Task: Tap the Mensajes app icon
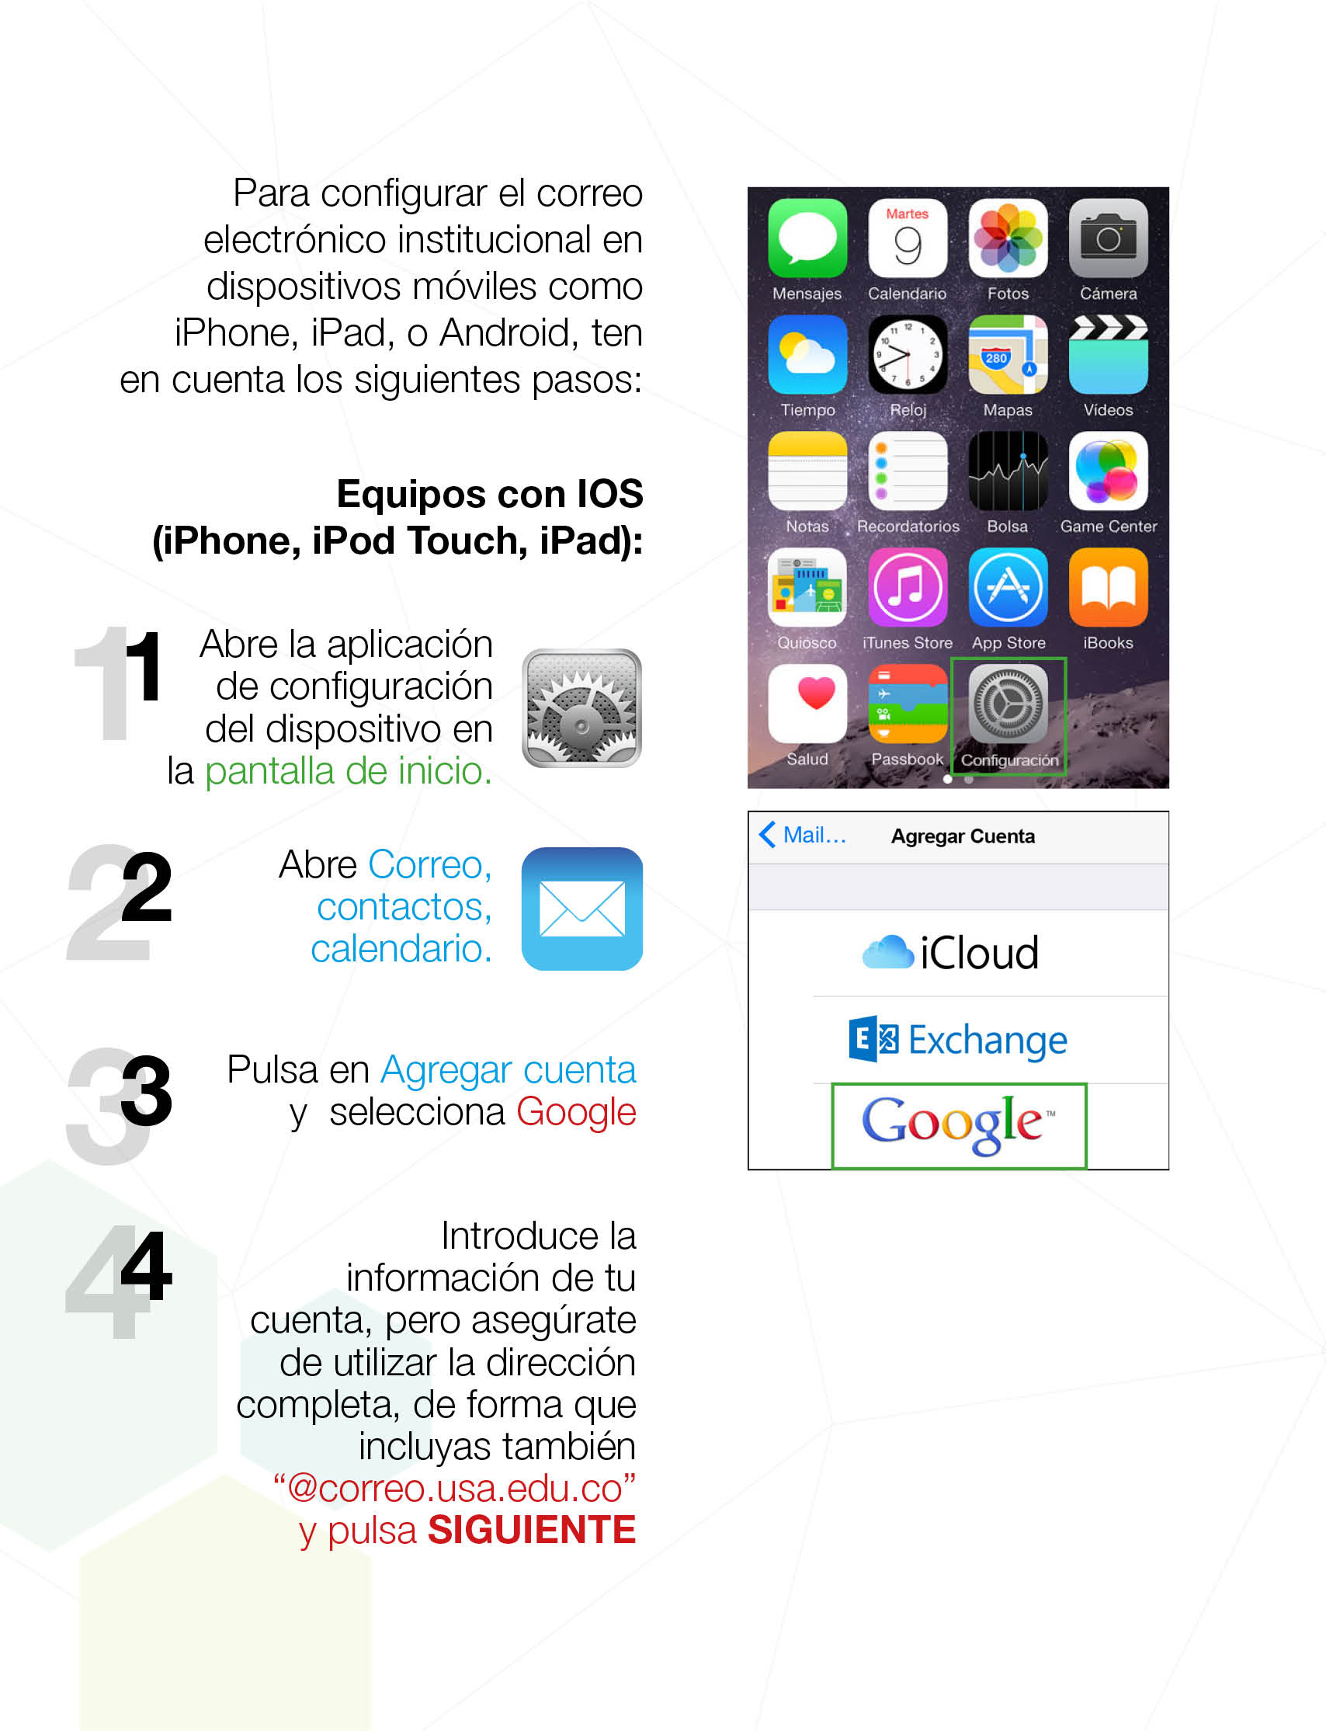[807, 238]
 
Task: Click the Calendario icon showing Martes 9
[907, 238]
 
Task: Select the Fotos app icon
[1008, 238]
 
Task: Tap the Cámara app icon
[1108, 238]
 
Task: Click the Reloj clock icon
[907, 354]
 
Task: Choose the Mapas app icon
[1008, 354]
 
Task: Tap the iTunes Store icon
[907, 587]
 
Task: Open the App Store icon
[1008, 587]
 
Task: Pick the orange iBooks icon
[1108, 587]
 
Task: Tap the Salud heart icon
[807, 704]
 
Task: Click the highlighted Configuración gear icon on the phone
[1008, 704]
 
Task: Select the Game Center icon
[1108, 471]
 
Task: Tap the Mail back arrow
[767, 834]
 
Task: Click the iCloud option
[951, 953]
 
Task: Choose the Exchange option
[957, 1040]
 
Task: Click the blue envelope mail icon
[581, 909]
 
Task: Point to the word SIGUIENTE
[531, 1530]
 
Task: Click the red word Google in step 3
[575, 1112]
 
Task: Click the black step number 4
[147, 1267]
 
